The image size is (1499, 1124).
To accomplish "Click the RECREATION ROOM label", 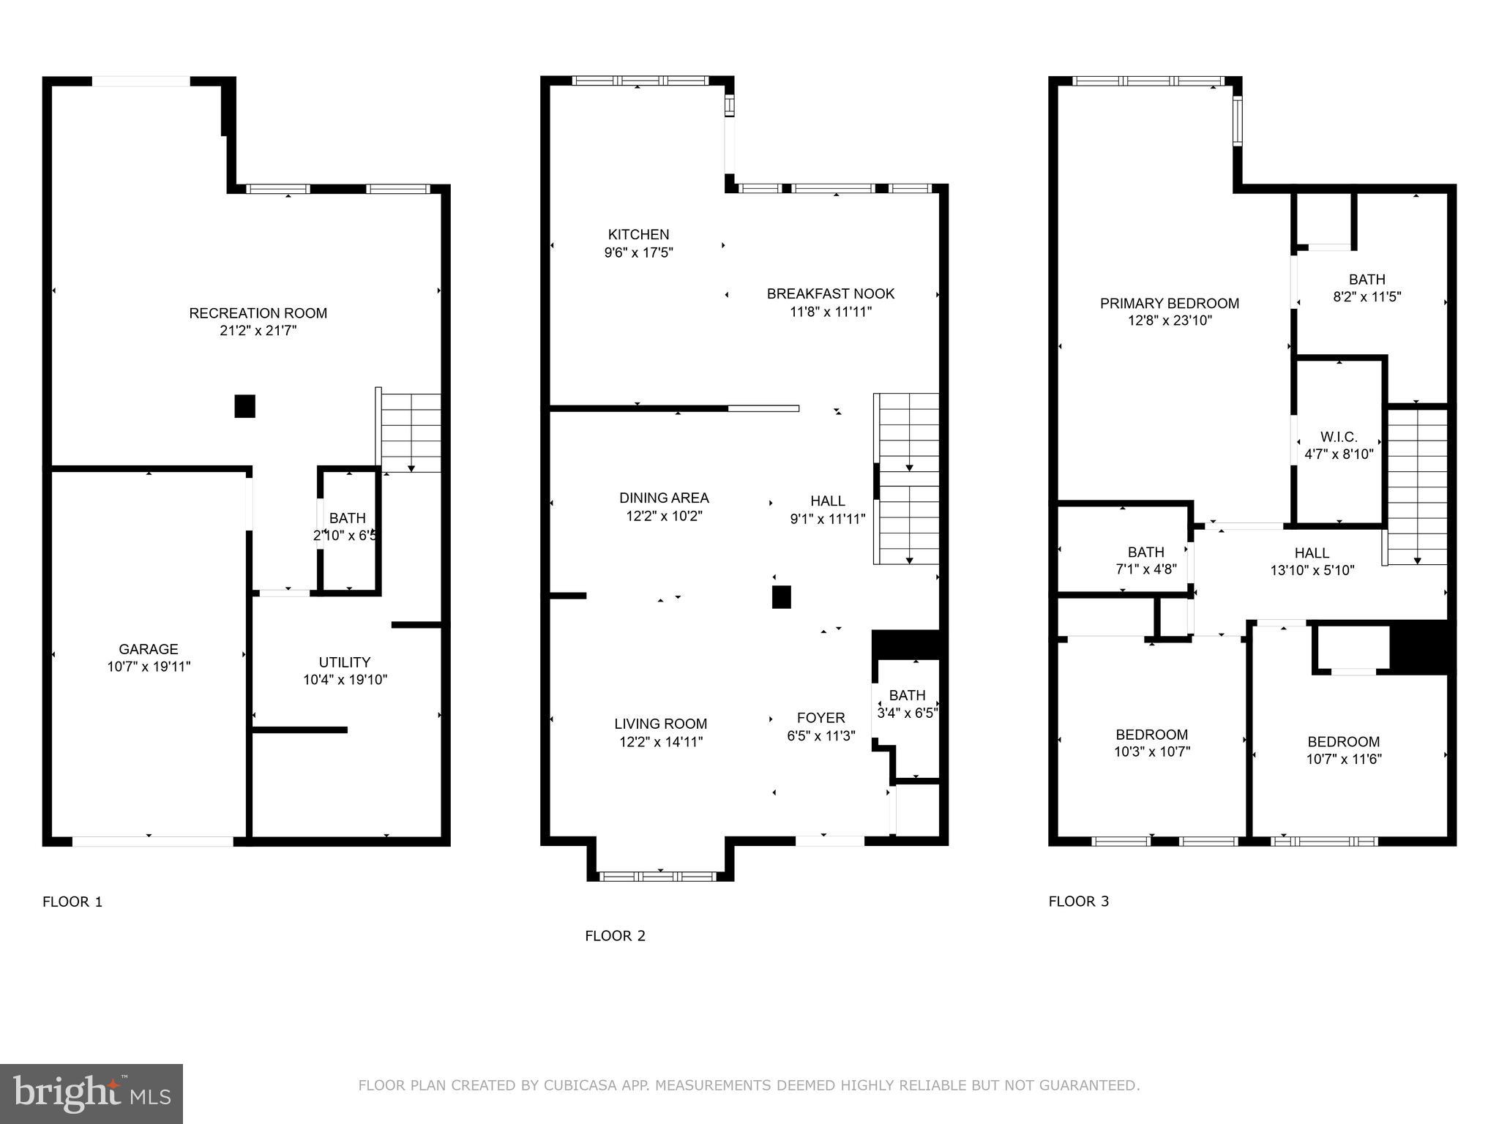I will pos(258,313).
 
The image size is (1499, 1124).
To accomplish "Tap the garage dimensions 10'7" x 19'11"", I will pos(149,667).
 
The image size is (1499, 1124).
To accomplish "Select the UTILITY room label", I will pos(345,662).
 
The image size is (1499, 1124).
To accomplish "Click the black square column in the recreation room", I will pos(244,406).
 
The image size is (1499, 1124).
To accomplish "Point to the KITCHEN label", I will pos(638,235).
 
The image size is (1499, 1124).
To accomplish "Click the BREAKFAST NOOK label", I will pos(830,294).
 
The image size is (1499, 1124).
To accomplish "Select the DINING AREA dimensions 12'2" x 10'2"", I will pos(664,516).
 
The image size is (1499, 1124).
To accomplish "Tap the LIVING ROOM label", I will pos(660,724).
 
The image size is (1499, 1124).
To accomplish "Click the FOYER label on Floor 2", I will pos(820,718).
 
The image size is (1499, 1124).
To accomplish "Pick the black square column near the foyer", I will pos(782,597).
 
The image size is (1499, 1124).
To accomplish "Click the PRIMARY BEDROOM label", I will pos(1169,304).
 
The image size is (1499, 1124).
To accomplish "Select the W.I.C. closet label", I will pos(1339,437).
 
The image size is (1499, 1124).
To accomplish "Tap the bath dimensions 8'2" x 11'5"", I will pos(1367,297).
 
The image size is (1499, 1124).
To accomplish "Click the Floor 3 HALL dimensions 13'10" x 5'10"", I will pos(1312,571).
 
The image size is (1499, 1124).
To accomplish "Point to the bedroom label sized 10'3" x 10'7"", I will pos(1151,735).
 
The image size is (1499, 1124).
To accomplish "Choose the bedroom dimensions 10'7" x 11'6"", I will pos(1343,760).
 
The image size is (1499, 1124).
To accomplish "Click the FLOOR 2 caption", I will pos(615,936).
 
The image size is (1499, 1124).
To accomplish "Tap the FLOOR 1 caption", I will pos(72,902).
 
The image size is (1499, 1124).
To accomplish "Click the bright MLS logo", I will pos(91,1093).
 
